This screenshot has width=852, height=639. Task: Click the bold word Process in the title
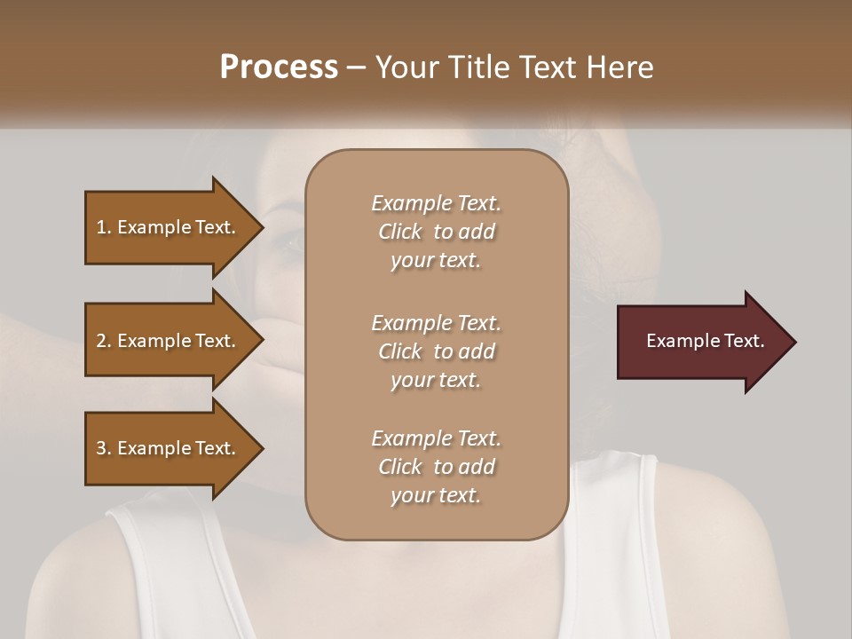coord(279,67)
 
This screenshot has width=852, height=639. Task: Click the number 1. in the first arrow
coord(104,227)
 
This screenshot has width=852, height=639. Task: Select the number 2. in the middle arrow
coord(104,341)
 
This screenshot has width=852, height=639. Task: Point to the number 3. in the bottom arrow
coord(104,448)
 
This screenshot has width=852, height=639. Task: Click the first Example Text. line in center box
coord(436,203)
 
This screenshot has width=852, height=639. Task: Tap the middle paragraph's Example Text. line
coord(436,322)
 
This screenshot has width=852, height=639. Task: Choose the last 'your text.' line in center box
coord(436,495)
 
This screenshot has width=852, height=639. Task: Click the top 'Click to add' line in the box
coord(436,232)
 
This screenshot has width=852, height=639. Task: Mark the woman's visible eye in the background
coord(289,239)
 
